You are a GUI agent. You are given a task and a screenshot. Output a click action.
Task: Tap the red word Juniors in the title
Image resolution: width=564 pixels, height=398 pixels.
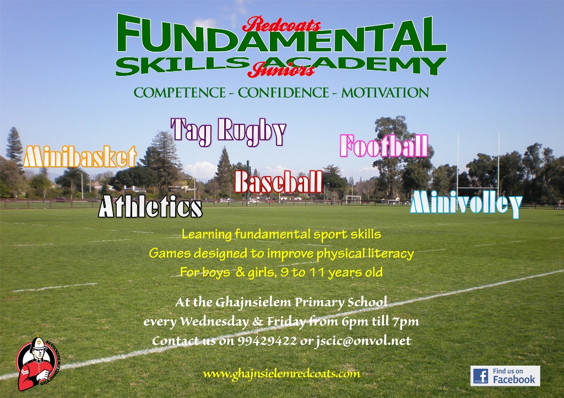click(x=281, y=69)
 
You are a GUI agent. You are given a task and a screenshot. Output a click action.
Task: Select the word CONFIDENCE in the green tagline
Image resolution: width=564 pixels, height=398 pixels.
click(x=283, y=93)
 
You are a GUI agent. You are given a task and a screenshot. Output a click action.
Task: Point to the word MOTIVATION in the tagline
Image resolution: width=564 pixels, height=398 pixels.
click(x=385, y=93)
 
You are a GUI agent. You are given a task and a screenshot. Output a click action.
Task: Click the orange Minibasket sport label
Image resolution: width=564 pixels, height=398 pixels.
click(x=80, y=157)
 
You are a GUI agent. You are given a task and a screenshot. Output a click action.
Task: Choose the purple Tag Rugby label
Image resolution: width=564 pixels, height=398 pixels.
click(x=229, y=132)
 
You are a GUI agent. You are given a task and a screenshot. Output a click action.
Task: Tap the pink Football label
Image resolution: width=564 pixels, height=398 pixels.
click(x=384, y=146)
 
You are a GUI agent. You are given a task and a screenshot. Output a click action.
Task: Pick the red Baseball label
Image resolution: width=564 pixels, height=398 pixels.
click(x=278, y=182)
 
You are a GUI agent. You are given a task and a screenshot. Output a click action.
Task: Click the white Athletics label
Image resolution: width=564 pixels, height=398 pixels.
click(x=150, y=206)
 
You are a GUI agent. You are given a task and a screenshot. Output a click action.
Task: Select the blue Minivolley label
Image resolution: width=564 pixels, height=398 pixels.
click(x=466, y=204)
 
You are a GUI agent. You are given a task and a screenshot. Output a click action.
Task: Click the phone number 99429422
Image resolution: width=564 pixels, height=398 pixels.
click(x=267, y=341)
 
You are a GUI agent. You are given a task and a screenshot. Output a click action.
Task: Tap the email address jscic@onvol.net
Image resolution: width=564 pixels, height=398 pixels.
click(x=362, y=341)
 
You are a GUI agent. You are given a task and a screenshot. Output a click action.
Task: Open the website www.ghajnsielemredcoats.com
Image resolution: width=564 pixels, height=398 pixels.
click(x=281, y=374)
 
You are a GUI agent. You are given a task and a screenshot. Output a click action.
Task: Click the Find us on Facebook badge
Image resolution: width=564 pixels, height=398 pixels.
click(x=505, y=376)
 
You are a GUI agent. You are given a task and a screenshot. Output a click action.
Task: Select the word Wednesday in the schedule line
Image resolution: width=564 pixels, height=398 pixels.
click(x=214, y=321)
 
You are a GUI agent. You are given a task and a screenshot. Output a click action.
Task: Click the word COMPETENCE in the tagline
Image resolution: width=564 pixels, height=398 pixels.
click(x=180, y=93)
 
